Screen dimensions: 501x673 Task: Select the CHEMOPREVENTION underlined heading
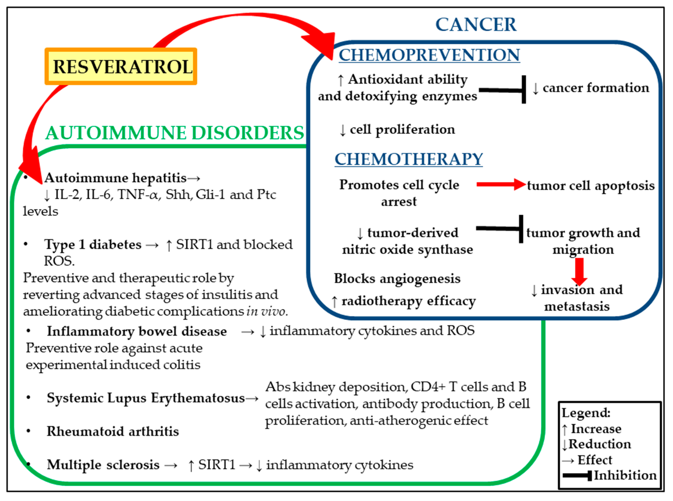coord(429,55)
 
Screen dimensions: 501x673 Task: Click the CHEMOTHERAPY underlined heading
coord(408,159)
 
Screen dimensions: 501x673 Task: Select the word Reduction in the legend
coord(599,444)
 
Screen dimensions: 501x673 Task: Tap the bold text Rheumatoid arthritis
coord(113,431)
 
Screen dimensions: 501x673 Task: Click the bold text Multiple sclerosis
coord(103,465)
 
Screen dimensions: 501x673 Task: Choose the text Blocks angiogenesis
coord(397,278)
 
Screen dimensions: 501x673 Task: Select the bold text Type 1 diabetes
coord(93,244)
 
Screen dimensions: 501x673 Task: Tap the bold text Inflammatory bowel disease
coord(137,331)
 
